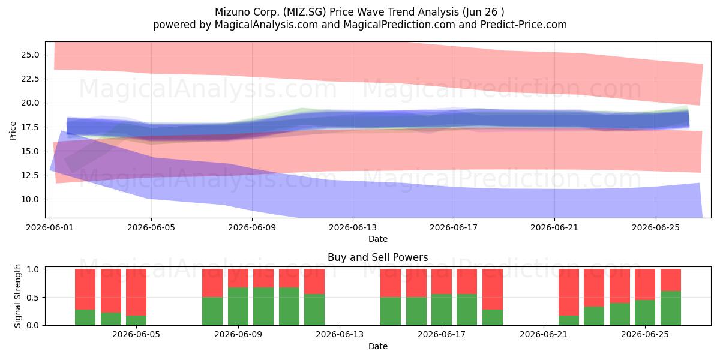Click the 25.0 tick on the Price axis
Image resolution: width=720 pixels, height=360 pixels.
tap(30, 55)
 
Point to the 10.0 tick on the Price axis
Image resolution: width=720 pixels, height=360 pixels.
tap(30, 199)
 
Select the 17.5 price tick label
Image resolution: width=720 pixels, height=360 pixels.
tap(30, 127)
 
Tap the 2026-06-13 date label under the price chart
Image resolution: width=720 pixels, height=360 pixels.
tap(353, 227)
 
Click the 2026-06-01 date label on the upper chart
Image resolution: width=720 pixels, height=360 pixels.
tap(50, 227)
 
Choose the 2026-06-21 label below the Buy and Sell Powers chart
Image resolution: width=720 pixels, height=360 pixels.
tap(544, 335)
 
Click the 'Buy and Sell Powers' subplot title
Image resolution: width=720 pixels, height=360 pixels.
tap(377, 257)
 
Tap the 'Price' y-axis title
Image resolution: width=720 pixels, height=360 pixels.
tap(13, 131)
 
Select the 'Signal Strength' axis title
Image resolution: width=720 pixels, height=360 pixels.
tap(17, 296)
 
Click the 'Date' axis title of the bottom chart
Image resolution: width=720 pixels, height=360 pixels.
tap(377, 346)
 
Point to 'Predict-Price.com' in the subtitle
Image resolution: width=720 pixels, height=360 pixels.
tap(524, 25)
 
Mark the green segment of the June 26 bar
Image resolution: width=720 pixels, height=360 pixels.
tap(671, 308)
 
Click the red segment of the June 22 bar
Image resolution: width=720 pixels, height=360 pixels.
tap(569, 292)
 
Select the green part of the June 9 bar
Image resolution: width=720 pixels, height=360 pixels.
tap(238, 307)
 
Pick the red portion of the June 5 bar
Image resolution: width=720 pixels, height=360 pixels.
tap(136, 292)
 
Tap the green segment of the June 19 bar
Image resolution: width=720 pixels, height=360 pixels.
tap(493, 317)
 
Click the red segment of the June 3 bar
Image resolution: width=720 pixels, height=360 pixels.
tap(85, 289)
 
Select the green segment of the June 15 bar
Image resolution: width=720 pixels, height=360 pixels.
tap(391, 311)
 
